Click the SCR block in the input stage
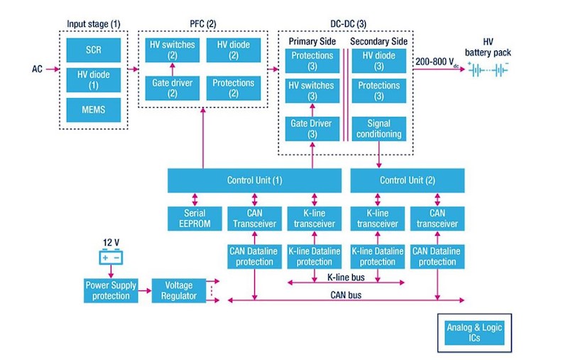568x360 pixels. click(x=94, y=50)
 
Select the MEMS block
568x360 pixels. click(x=94, y=110)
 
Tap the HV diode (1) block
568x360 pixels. click(x=94, y=80)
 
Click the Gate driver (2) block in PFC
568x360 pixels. click(x=173, y=88)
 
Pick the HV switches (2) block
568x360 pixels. click(x=173, y=50)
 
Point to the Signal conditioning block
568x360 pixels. click(x=379, y=129)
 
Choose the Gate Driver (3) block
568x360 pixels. click(x=312, y=129)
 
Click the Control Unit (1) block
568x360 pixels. click(x=254, y=180)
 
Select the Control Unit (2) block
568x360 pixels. click(x=408, y=180)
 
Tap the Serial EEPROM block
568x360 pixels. click(x=195, y=219)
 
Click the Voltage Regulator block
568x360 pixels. click(x=179, y=290)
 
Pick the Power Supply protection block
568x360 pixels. click(x=111, y=290)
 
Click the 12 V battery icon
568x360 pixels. click(x=111, y=257)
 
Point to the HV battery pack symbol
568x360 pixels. click(x=488, y=69)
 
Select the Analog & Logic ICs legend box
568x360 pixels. click(x=474, y=333)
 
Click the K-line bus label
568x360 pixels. click(x=346, y=278)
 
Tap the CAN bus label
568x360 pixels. click(x=346, y=295)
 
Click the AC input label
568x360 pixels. click(x=37, y=69)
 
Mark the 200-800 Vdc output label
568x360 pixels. click(x=437, y=62)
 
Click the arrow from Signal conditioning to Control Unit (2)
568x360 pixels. click(x=379, y=155)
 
